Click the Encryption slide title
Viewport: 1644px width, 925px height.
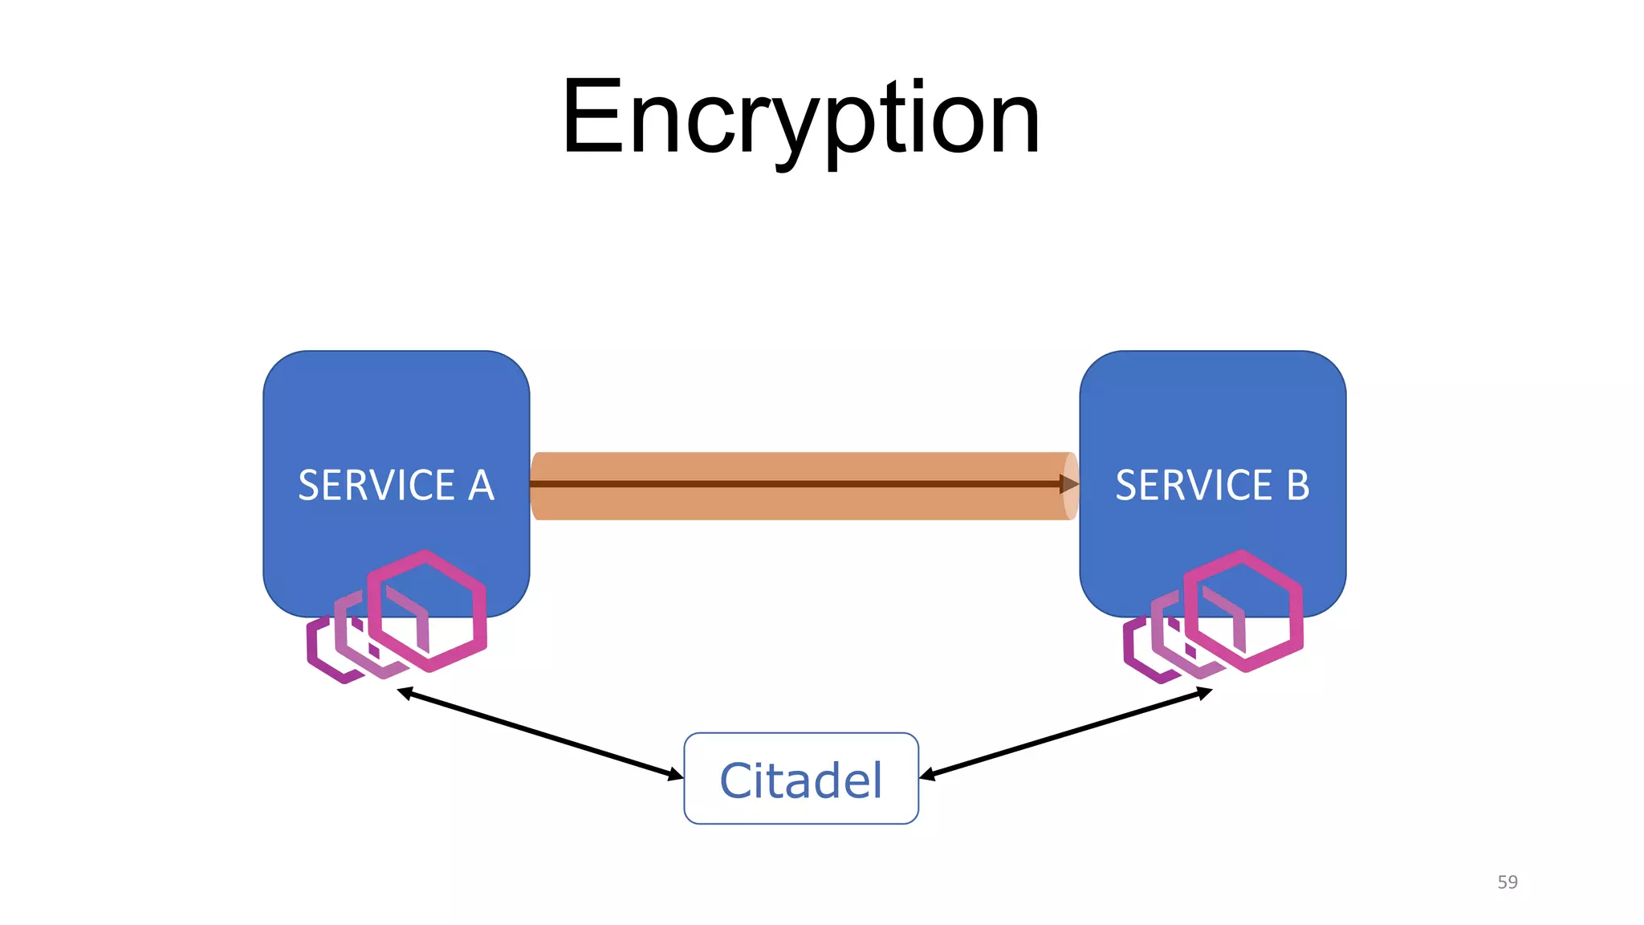tap(801, 119)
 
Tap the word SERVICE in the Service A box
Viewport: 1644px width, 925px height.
tap(376, 485)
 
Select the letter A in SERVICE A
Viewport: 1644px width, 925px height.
tap(481, 485)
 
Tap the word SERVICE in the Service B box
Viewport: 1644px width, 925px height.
tap(1194, 485)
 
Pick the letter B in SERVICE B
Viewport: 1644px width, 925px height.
tap(1298, 485)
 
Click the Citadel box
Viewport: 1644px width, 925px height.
tap(801, 778)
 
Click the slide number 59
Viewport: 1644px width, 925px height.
tap(1507, 882)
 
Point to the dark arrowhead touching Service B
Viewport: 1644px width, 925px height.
tap(1068, 483)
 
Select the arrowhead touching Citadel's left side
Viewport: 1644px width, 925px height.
tap(675, 775)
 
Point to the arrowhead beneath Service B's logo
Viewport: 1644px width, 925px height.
tap(1203, 692)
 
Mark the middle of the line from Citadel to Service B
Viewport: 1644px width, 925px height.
tap(1065, 734)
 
